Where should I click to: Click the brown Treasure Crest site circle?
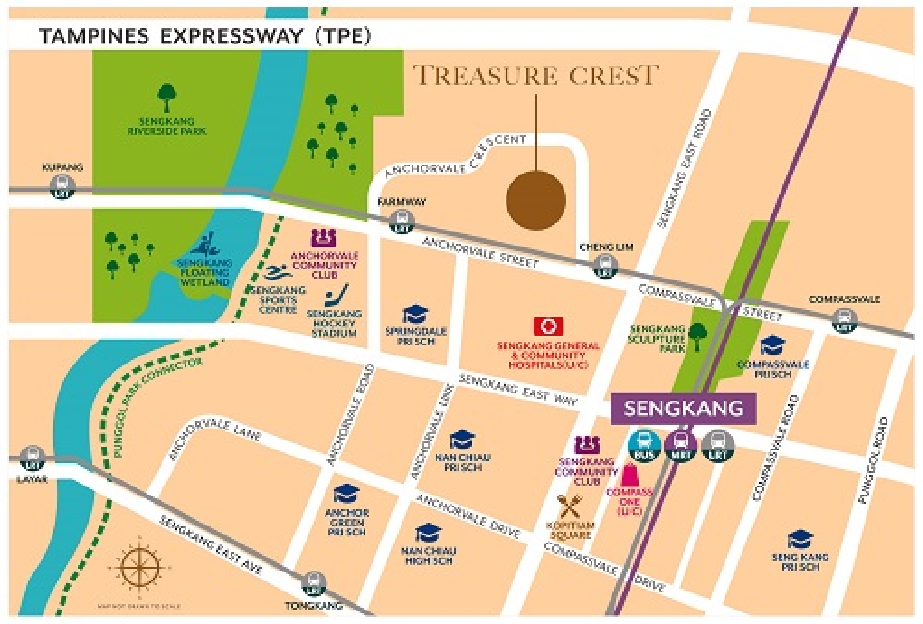point(536,200)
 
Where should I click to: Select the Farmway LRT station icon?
point(401,221)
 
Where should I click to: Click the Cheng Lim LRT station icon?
point(604,267)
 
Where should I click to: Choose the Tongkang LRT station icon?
point(313,583)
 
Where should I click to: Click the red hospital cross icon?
point(547,326)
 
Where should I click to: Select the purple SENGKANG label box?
point(683,408)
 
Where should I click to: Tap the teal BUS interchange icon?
point(644,446)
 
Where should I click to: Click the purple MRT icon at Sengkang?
point(681,446)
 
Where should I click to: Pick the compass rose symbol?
point(139,567)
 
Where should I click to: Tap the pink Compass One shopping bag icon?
point(630,475)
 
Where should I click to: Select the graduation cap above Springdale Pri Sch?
point(415,315)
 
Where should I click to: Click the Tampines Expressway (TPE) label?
point(205,36)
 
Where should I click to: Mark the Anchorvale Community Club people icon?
point(324,238)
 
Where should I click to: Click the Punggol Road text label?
point(872,461)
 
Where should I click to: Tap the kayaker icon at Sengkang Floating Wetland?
point(205,245)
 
